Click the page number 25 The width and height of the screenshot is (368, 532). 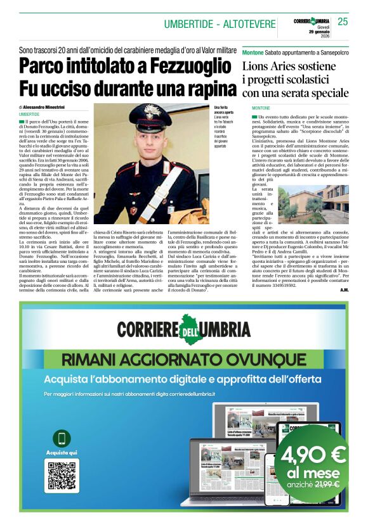(x=343, y=22)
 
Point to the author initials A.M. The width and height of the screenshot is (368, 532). (x=343, y=290)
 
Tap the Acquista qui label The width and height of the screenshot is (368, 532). (x=62, y=453)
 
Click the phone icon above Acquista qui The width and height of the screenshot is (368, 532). (x=62, y=438)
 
